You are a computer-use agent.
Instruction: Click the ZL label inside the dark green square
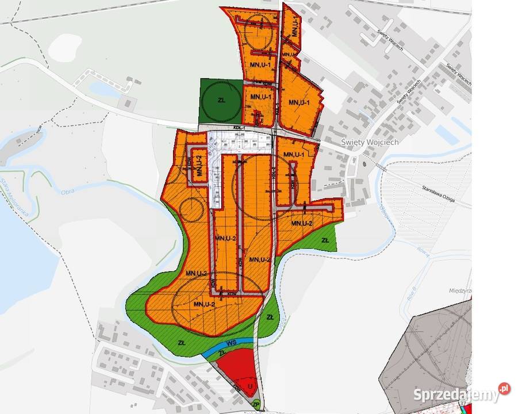point(221,100)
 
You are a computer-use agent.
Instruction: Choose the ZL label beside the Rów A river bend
point(325,239)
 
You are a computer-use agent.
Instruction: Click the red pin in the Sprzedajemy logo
point(504,389)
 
